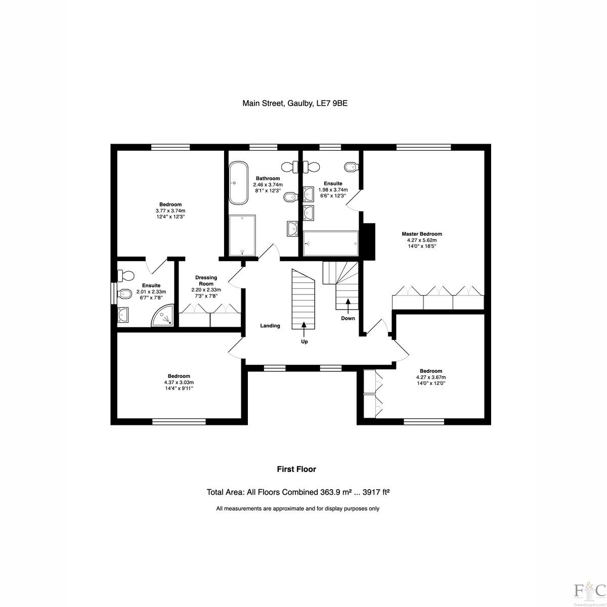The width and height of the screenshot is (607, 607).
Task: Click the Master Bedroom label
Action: tap(422, 234)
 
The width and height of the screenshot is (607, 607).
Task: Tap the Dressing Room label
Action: tap(206, 281)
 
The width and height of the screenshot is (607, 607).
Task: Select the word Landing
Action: tap(270, 326)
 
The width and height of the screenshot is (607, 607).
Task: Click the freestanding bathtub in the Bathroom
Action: tap(238, 183)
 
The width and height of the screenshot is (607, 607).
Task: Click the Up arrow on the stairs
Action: tap(304, 329)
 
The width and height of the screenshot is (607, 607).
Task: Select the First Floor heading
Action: tap(296, 469)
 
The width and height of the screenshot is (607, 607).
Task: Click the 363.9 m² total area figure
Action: tap(334, 492)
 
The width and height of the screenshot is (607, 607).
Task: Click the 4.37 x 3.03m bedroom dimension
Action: tap(179, 382)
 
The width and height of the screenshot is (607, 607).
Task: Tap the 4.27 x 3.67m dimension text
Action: tap(431, 377)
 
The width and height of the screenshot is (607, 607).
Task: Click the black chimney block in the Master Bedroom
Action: tap(369, 242)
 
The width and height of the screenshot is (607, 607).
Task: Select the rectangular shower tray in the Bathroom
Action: tap(242, 235)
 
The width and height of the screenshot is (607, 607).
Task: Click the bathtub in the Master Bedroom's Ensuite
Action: tap(331, 243)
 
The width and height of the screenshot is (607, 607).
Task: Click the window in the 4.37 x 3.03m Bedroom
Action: tap(179, 422)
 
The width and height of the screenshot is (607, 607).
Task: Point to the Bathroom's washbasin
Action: tap(293, 228)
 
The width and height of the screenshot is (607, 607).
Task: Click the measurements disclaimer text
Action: tap(297, 508)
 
